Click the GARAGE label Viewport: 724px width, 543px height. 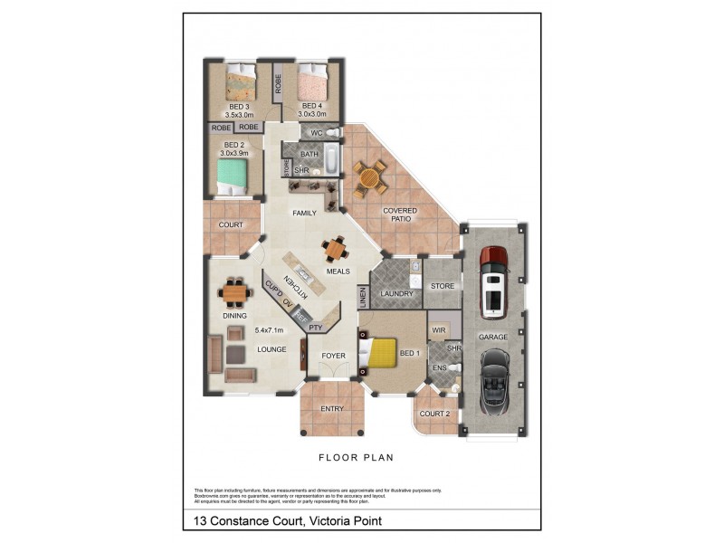(x=493, y=337)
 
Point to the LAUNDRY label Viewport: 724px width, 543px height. (x=396, y=294)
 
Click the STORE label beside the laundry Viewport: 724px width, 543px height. (x=442, y=286)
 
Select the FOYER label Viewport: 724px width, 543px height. (x=334, y=356)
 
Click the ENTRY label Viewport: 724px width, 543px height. (x=332, y=409)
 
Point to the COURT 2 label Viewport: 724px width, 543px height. (x=435, y=414)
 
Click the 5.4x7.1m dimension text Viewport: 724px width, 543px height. (x=269, y=330)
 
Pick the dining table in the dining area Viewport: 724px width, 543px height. (x=234, y=292)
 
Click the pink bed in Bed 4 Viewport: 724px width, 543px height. (x=312, y=84)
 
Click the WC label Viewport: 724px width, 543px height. (x=316, y=133)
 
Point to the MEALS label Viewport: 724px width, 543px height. (x=338, y=271)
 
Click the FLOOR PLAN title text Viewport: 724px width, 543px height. (x=361, y=458)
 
